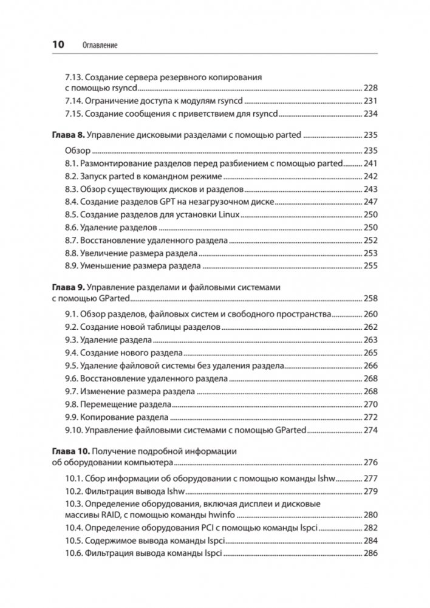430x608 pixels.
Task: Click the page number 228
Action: click(370, 89)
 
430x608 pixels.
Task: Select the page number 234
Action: click(370, 114)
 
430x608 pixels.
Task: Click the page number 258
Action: click(370, 298)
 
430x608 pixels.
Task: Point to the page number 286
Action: click(370, 554)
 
